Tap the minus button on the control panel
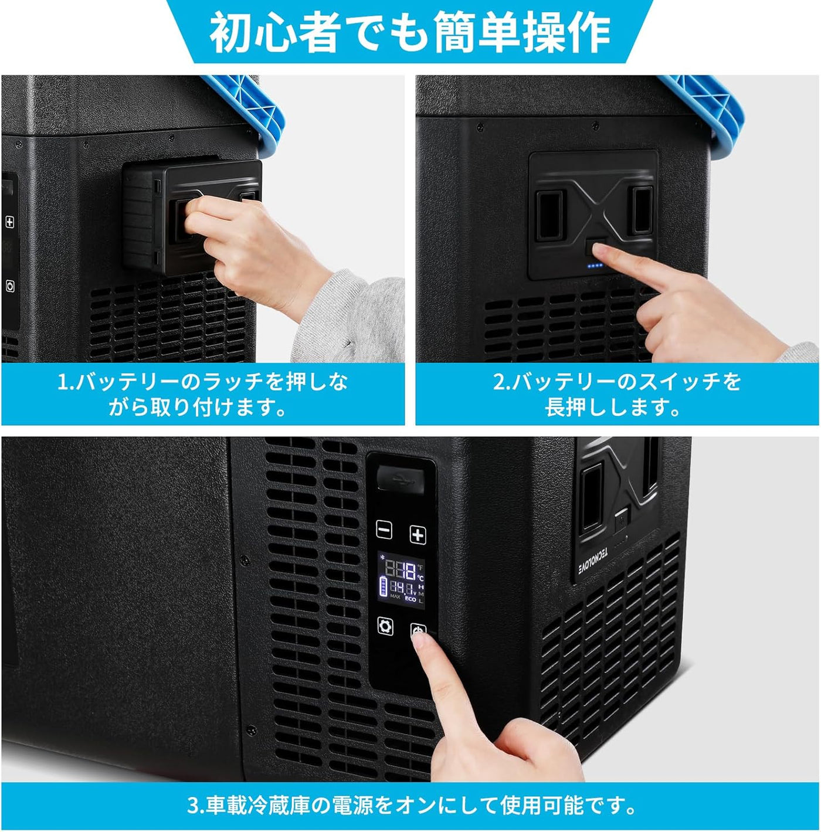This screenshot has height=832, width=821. pyautogui.click(x=384, y=530)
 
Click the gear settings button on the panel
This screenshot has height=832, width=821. pyautogui.click(x=385, y=626)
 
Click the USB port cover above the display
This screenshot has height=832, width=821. pyautogui.click(x=401, y=477)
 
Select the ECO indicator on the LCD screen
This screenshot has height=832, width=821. pyautogui.click(x=410, y=599)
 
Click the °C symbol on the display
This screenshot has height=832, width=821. pyautogui.click(x=420, y=578)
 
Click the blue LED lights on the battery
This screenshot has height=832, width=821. pyautogui.click(x=596, y=266)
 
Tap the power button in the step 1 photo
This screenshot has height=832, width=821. pyautogui.click(x=10, y=286)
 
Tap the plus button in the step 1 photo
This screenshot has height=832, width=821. pyautogui.click(x=9, y=222)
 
